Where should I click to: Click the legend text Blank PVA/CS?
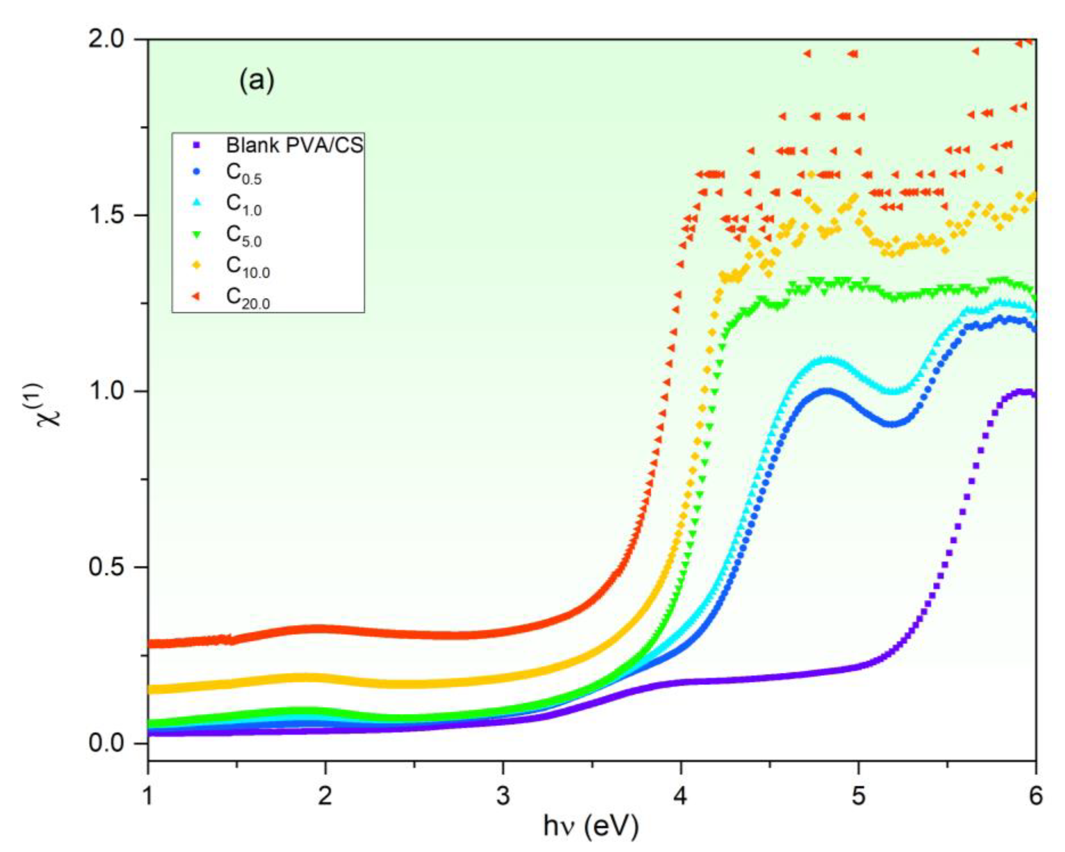point(294,145)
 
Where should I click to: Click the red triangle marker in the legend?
point(196,297)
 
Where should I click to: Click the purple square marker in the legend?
point(196,145)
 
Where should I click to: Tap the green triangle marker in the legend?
point(196,235)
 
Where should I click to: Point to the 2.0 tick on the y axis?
point(112,39)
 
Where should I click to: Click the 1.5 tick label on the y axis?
point(112,215)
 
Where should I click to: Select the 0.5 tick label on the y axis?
point(112,567)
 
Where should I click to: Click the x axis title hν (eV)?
point(591,829)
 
